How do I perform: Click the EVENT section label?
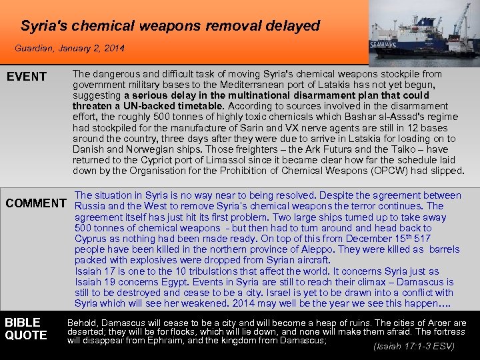27,77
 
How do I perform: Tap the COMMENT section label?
36,203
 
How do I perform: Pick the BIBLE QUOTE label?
26,329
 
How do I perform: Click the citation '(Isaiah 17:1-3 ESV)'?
414,346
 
